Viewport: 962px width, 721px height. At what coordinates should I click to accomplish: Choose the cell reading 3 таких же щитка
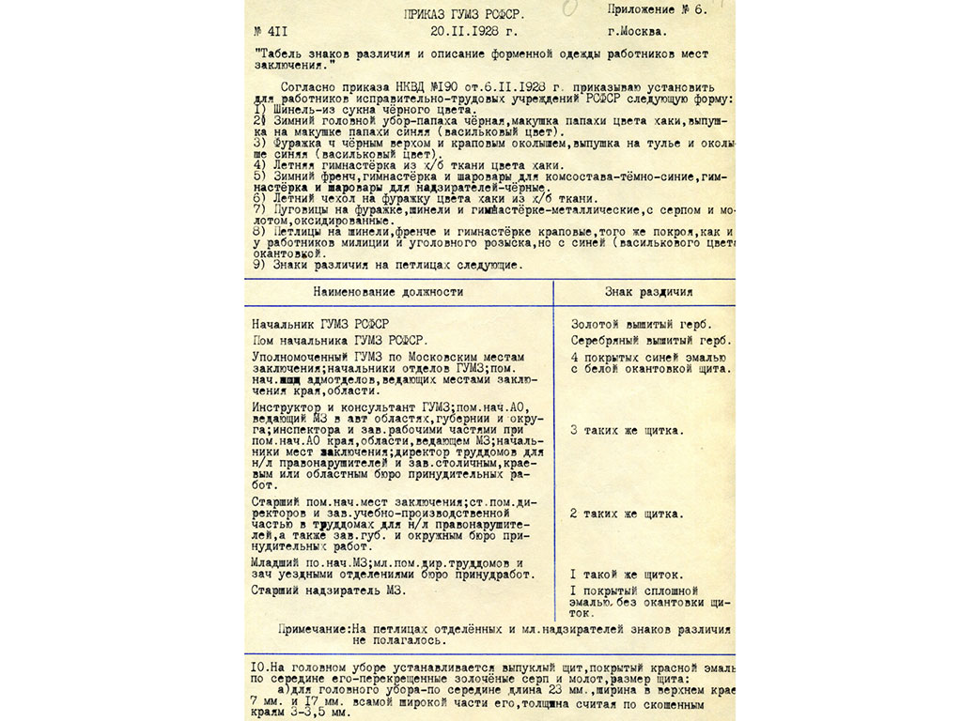point(627,431)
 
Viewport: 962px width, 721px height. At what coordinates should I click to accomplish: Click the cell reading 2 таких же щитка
point(627,514)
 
